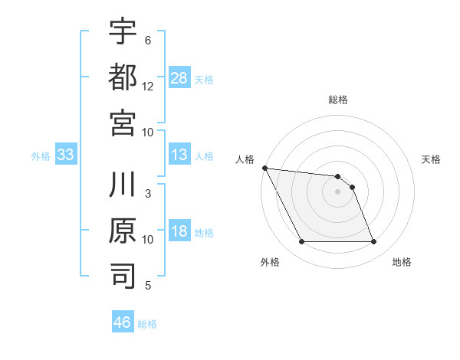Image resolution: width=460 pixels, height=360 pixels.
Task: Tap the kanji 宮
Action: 123,122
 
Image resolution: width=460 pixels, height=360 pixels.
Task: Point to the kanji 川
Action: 123,186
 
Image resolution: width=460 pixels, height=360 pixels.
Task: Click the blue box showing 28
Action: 179,77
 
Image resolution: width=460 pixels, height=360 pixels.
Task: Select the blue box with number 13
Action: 179,155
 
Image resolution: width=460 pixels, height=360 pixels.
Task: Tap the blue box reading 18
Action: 179,232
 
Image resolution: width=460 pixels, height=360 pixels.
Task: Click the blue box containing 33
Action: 66,155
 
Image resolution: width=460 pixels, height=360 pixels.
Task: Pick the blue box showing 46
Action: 123,322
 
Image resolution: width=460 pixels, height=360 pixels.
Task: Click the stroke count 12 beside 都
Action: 148,87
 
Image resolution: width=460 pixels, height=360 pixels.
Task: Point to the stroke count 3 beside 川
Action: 148,194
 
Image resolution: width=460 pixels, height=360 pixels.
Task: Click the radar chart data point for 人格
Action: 264,168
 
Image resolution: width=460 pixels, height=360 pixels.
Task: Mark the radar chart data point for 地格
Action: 373,242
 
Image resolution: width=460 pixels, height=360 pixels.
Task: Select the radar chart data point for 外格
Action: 301,242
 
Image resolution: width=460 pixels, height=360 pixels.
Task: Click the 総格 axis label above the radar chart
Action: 337,100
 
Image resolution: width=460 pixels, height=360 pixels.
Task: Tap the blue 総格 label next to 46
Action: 147,324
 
